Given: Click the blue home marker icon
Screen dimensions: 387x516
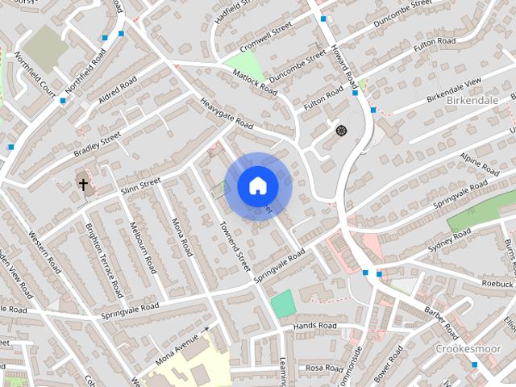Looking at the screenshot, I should coord(257,185).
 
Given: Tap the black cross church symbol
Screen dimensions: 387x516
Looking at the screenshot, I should coord(83,184).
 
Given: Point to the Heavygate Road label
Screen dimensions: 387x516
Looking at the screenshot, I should coord(227,114).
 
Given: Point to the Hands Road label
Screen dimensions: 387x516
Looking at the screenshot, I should coord(315,325).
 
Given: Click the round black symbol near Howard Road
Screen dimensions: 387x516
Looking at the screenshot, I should coord(340,130).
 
